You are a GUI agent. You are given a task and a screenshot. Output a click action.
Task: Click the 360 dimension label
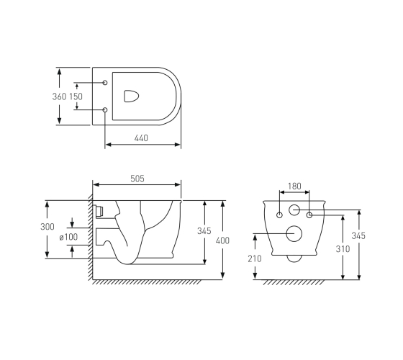click(59, 96)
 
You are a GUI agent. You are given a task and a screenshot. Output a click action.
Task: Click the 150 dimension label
click(76, 96)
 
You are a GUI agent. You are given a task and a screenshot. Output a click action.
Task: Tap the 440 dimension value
click(141, 138)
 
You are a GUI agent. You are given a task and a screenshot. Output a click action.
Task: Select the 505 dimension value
click(137, 179)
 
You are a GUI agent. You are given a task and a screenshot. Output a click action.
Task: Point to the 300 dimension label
click(47, 227)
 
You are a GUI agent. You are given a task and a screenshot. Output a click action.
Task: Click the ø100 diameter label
click(68, 237)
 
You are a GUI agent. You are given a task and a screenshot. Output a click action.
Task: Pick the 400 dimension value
click(222, 240)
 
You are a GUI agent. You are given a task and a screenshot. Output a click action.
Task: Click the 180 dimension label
click(294, 186)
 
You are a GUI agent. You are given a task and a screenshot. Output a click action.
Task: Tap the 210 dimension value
click(255, 258)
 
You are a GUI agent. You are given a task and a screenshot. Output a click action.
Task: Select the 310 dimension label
click(343, 249)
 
